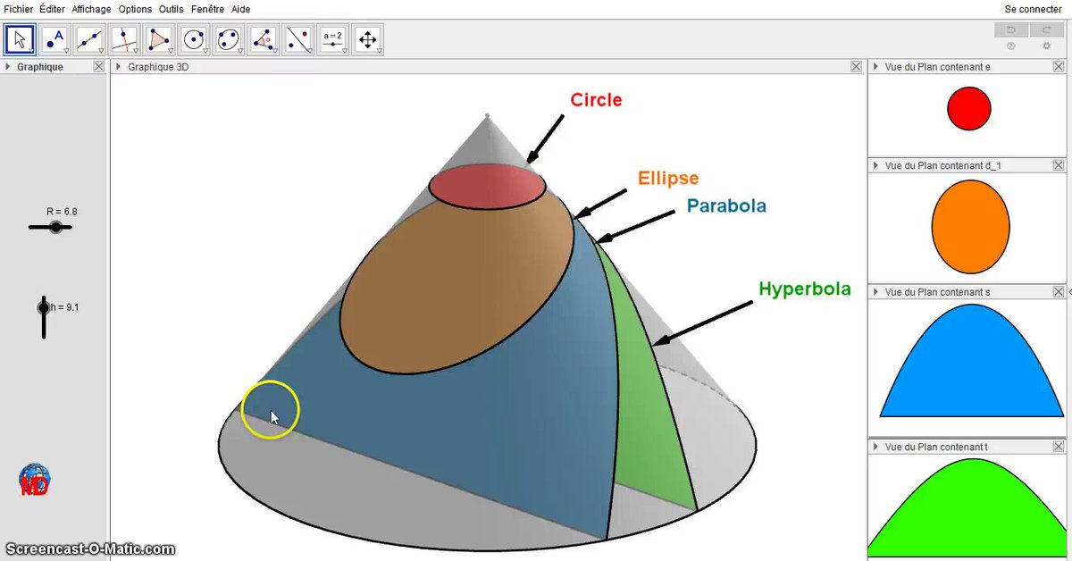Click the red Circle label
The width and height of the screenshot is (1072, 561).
(596, 99)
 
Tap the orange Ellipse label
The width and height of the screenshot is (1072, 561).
(668, 178)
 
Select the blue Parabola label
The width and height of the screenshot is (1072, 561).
(726, 205)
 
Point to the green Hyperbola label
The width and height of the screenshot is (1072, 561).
(805, 289)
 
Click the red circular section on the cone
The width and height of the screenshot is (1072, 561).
(487, 186)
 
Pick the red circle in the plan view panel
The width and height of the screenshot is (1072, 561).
(969, 108)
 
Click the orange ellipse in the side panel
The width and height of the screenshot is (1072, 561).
(970, 227)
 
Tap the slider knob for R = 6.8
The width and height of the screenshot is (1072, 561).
(56, 227)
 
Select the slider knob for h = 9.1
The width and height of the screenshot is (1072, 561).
(44, 307)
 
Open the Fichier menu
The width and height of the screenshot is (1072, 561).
(18, 9)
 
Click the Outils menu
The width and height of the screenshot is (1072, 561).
(171, 9)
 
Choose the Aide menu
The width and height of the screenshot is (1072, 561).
(240, 9)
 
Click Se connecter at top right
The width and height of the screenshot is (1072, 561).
(1033, 9)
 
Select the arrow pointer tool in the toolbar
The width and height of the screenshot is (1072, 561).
(20, 39)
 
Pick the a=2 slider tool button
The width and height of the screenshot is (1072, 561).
(332, 39)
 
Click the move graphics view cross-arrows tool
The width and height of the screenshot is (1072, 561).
(367, 39)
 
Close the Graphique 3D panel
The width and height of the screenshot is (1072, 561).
(856, 66)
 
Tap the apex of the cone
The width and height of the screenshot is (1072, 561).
(487, 115)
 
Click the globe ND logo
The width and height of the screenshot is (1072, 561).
(34, 479)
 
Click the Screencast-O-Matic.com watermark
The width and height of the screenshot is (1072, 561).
(90, 549)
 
